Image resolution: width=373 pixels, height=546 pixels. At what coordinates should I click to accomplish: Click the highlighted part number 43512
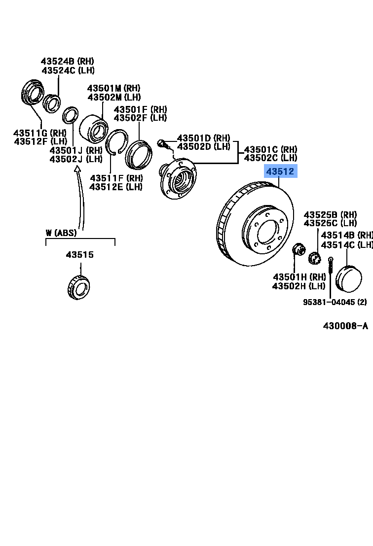(x=280, y=172)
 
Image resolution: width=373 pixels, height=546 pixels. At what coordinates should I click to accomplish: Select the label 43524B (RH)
(x=67, y=62)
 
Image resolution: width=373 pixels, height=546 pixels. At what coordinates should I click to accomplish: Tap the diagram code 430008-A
(x=345, y=326)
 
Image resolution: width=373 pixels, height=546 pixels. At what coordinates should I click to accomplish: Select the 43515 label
(x=80, y=255)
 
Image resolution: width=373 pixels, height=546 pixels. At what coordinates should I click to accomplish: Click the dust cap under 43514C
(x=348, y=278)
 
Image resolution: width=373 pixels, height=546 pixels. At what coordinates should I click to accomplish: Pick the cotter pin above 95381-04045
(x=331, y=274)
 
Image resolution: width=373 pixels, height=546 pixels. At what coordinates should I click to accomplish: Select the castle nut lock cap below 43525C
(x=314, y=258)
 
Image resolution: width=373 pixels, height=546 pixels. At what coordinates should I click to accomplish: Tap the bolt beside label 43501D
(x=162, y=144)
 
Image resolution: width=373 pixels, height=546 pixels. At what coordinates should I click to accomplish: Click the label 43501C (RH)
(x=270, y=149)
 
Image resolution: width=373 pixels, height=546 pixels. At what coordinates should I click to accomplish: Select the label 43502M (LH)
(x=114, y=97)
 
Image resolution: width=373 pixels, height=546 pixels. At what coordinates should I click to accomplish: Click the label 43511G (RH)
(x=40, y=133)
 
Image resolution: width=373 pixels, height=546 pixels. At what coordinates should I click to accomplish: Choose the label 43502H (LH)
(x=298, y=286)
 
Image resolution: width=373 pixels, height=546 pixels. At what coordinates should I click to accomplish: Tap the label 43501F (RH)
(x=140, y=109)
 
